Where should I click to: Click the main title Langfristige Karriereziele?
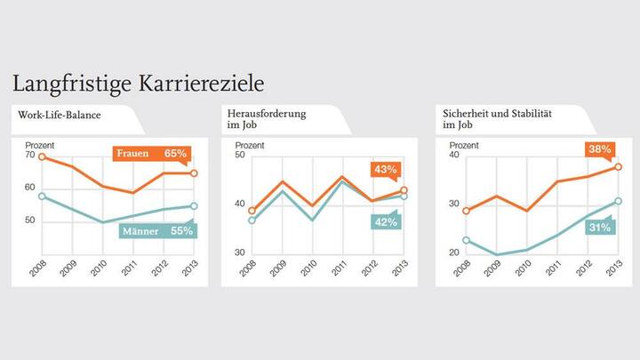(137, 84)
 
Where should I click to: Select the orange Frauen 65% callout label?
(152, 154)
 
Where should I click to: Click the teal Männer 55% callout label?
(158, 230)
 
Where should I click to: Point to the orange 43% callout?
(385, 170)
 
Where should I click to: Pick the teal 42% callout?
(384, 222)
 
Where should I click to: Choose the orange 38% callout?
(597, 148)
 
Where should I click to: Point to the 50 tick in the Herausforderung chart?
(239, 156)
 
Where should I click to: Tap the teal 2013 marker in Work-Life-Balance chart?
(194, 206)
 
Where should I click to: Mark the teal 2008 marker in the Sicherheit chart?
(467, 240)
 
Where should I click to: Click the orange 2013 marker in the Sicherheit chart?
(619, 167)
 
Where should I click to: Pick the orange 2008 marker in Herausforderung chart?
(252, 212)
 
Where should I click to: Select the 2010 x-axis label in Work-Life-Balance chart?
(98, 270)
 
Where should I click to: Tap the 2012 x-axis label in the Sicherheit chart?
(583, 270)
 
